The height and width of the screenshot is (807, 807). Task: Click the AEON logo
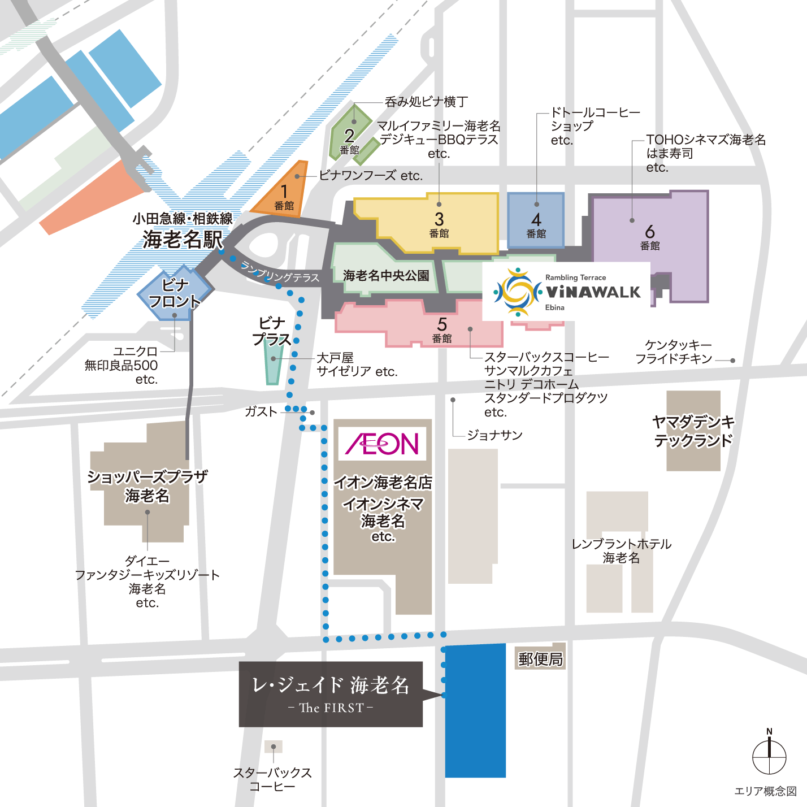click(382, 444)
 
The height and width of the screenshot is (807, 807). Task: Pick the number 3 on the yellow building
click(439, 219)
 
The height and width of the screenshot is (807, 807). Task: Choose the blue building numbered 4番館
click(536, 220)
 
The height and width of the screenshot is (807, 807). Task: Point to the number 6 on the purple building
click(650, 232)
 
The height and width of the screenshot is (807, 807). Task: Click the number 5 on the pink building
click(442, 324)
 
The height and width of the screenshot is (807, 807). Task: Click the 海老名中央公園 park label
click(386, 276)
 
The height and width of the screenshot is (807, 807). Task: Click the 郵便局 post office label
click(540, 659)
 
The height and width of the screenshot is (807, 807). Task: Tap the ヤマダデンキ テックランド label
click(693, 431)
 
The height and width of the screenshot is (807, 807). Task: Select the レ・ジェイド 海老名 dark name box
click(331, 694)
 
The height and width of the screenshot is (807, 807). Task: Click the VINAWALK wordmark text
click(593, 292)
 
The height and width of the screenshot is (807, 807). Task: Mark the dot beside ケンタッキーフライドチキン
click(733, 361)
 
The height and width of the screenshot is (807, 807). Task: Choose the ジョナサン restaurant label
click(494, 435)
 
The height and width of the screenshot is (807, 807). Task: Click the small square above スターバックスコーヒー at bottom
click(274, 747)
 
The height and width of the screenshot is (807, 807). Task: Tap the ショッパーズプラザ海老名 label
click(147, 486)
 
